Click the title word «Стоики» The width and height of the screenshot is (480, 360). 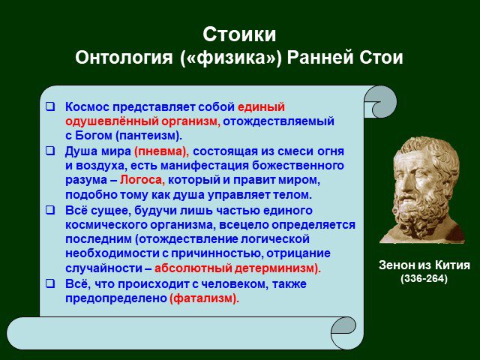tap(239, 34)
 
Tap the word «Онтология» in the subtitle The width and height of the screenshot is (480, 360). tap(124, 57)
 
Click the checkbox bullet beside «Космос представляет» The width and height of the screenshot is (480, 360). tap(50, 106)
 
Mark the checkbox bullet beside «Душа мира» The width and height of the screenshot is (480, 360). tap(50, 151)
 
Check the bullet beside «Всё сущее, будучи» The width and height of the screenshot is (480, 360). tap(50, 210)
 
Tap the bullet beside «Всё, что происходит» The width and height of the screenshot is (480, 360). tap(50, 283)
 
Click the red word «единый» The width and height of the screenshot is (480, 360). tap(261, 107)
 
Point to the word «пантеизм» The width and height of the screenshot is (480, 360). tap(148, 136)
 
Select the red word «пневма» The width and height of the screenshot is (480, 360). tap(160, 151)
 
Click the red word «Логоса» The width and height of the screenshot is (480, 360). tap(142, 180)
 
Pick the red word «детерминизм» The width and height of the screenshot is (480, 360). tap(274, 268)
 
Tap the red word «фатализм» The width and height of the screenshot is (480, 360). tap(204, 298)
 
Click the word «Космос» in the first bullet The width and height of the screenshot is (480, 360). tap(87, 107)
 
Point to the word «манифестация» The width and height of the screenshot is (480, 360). tap(205, 166)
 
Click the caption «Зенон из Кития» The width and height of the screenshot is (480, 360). tap(424, 265)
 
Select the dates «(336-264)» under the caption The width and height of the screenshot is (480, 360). tap(424, 278)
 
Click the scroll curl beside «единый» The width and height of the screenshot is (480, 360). tap(380, 102)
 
